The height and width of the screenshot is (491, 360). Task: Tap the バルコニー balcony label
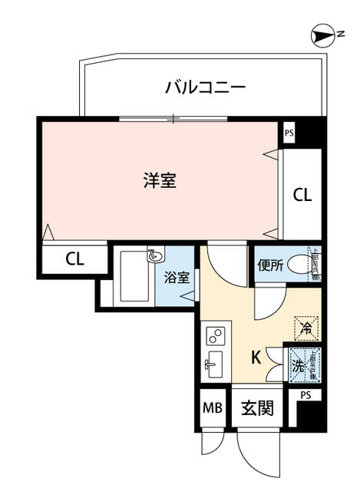pos(205,87)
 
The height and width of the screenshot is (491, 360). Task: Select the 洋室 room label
pos(160,182)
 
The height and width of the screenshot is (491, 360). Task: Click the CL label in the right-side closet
pos(302,195)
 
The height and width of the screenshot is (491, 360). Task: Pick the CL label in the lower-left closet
pos(74,259)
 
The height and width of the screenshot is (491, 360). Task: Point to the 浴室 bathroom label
pos(177,278)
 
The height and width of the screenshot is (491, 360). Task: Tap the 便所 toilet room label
pos(271,266)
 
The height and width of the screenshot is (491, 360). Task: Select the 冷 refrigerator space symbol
pos(306,328)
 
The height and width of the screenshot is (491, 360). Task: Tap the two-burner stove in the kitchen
pos(214,336)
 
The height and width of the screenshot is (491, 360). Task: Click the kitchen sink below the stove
pos(213,365)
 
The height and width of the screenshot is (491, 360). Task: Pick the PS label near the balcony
pos(289,132)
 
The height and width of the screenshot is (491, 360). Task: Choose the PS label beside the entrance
pos(306,396)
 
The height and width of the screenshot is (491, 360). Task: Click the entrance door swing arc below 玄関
pos(257,456)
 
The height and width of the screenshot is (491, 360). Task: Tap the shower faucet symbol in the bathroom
pos(154,255)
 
